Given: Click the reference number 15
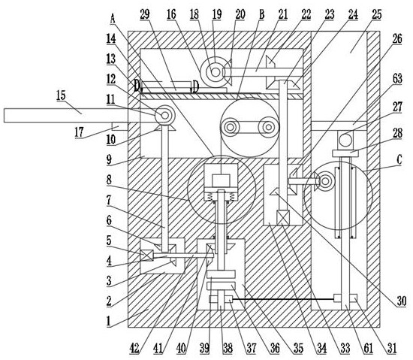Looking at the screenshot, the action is (x=61, y=95).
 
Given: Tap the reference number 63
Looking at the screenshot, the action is (x=397, y=78).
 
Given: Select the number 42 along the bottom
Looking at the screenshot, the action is (x=134, y=349).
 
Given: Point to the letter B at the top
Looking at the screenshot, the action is (x=261, y=15).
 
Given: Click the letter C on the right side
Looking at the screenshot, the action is (x=399, y=159).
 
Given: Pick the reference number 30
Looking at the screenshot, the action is (x=402, y=301).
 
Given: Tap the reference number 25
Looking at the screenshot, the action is (x=377, y=14).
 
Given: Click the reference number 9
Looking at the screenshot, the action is (x=110, y=159).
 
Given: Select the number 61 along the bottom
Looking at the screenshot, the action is (x=368, y=349).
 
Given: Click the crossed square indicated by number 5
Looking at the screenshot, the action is (x=146, y=256).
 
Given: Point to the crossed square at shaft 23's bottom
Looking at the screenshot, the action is (x=283, y=217).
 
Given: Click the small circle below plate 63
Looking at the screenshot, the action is (x=345, y=140).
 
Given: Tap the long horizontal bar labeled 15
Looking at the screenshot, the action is (x=66, y=116).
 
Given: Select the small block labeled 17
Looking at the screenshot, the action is (x=120, y=126).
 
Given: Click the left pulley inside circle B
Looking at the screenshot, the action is (x=230, y=128).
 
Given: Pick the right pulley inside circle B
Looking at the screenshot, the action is (x=268, y=127).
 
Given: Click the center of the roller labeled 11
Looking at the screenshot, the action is (x=165, y=115).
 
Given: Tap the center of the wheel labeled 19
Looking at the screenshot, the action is (x=216, y=72).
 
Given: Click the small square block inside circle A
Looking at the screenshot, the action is (x=221, y=180).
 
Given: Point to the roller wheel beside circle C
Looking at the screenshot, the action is (x=326, y=181).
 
